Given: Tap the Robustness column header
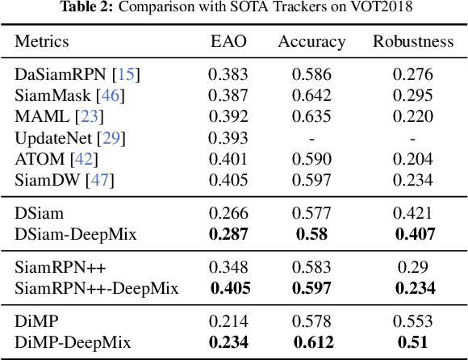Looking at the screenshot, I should click(412, 41).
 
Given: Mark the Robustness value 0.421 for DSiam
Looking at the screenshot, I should click(412, 214).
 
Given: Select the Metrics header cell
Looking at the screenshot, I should click(42, 41).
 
